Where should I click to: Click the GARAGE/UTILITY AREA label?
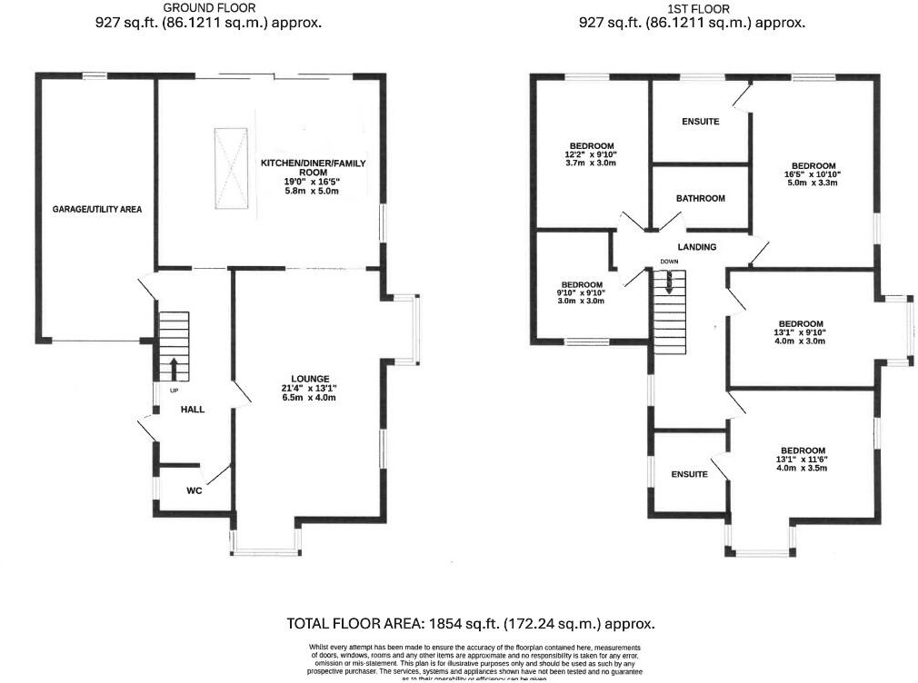coord(96,209)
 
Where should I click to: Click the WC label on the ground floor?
coord(194,490)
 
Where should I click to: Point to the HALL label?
coord(192,410)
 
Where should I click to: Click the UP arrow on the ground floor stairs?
coord(173,368)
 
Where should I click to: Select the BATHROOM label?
coord(700,198)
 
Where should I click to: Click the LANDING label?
coord(696,247)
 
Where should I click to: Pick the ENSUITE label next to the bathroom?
coord(700,121)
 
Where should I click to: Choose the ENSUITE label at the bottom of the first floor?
coord(689,474)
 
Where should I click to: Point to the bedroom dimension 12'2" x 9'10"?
coord(592,154)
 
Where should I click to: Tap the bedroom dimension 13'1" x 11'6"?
coord(802,460)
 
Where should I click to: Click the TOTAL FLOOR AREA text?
coord(470,624)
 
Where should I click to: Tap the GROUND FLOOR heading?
coord(208,8)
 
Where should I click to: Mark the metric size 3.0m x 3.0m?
coord(578,302)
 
